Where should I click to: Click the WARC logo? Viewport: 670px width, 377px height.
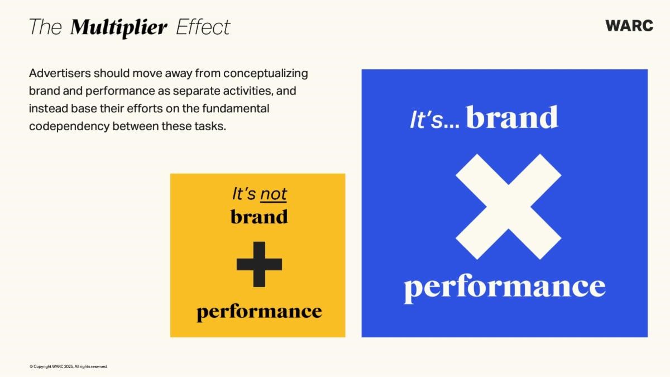tap(629, 26)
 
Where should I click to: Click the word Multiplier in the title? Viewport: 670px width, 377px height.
tap(118, 28)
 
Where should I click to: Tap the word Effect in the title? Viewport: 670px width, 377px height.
tap(203, 27)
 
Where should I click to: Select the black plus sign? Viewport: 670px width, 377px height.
tap(259, 265)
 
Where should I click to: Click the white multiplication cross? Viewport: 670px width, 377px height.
tap(509, 207)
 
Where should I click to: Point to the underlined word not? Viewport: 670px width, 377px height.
tap(274, 194)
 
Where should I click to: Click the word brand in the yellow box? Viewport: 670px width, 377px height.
tap(259, 216)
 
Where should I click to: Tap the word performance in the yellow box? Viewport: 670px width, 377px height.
tap(259, 312)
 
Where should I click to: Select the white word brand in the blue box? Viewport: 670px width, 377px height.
tap(512, 117)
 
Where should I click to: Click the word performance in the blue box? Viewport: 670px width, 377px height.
tap(505, 288)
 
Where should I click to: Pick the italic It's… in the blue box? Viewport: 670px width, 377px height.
tap(434, 120)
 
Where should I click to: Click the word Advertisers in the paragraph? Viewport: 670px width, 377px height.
tap(60, 73)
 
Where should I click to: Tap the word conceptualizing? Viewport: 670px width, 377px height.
tap(266, 74)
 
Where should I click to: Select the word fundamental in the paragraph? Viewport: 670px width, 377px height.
tap(236, 108)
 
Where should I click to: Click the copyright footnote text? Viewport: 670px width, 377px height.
tap(69, 366)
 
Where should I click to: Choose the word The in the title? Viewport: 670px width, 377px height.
tap(45, 27)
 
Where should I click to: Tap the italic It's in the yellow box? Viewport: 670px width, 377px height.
tap(244, 194)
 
